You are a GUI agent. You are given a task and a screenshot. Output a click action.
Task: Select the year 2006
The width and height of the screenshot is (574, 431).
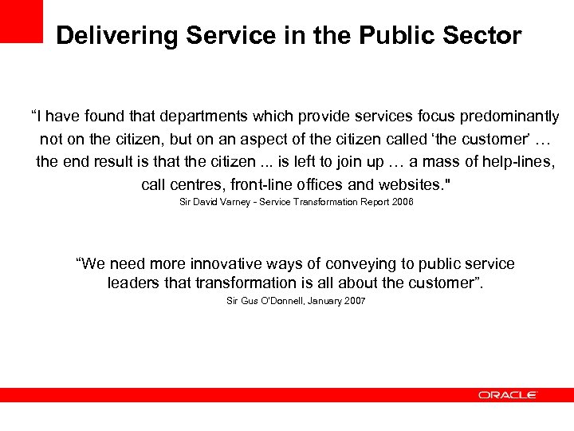tap(402, 203)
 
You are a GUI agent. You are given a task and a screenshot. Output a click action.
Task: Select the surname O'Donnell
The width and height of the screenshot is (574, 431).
tap(274, 301)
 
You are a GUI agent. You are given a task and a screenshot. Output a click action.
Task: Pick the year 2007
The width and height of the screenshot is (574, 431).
tap(354, 301)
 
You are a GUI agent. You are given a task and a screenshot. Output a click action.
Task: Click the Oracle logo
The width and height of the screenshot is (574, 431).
tap(508, 395)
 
